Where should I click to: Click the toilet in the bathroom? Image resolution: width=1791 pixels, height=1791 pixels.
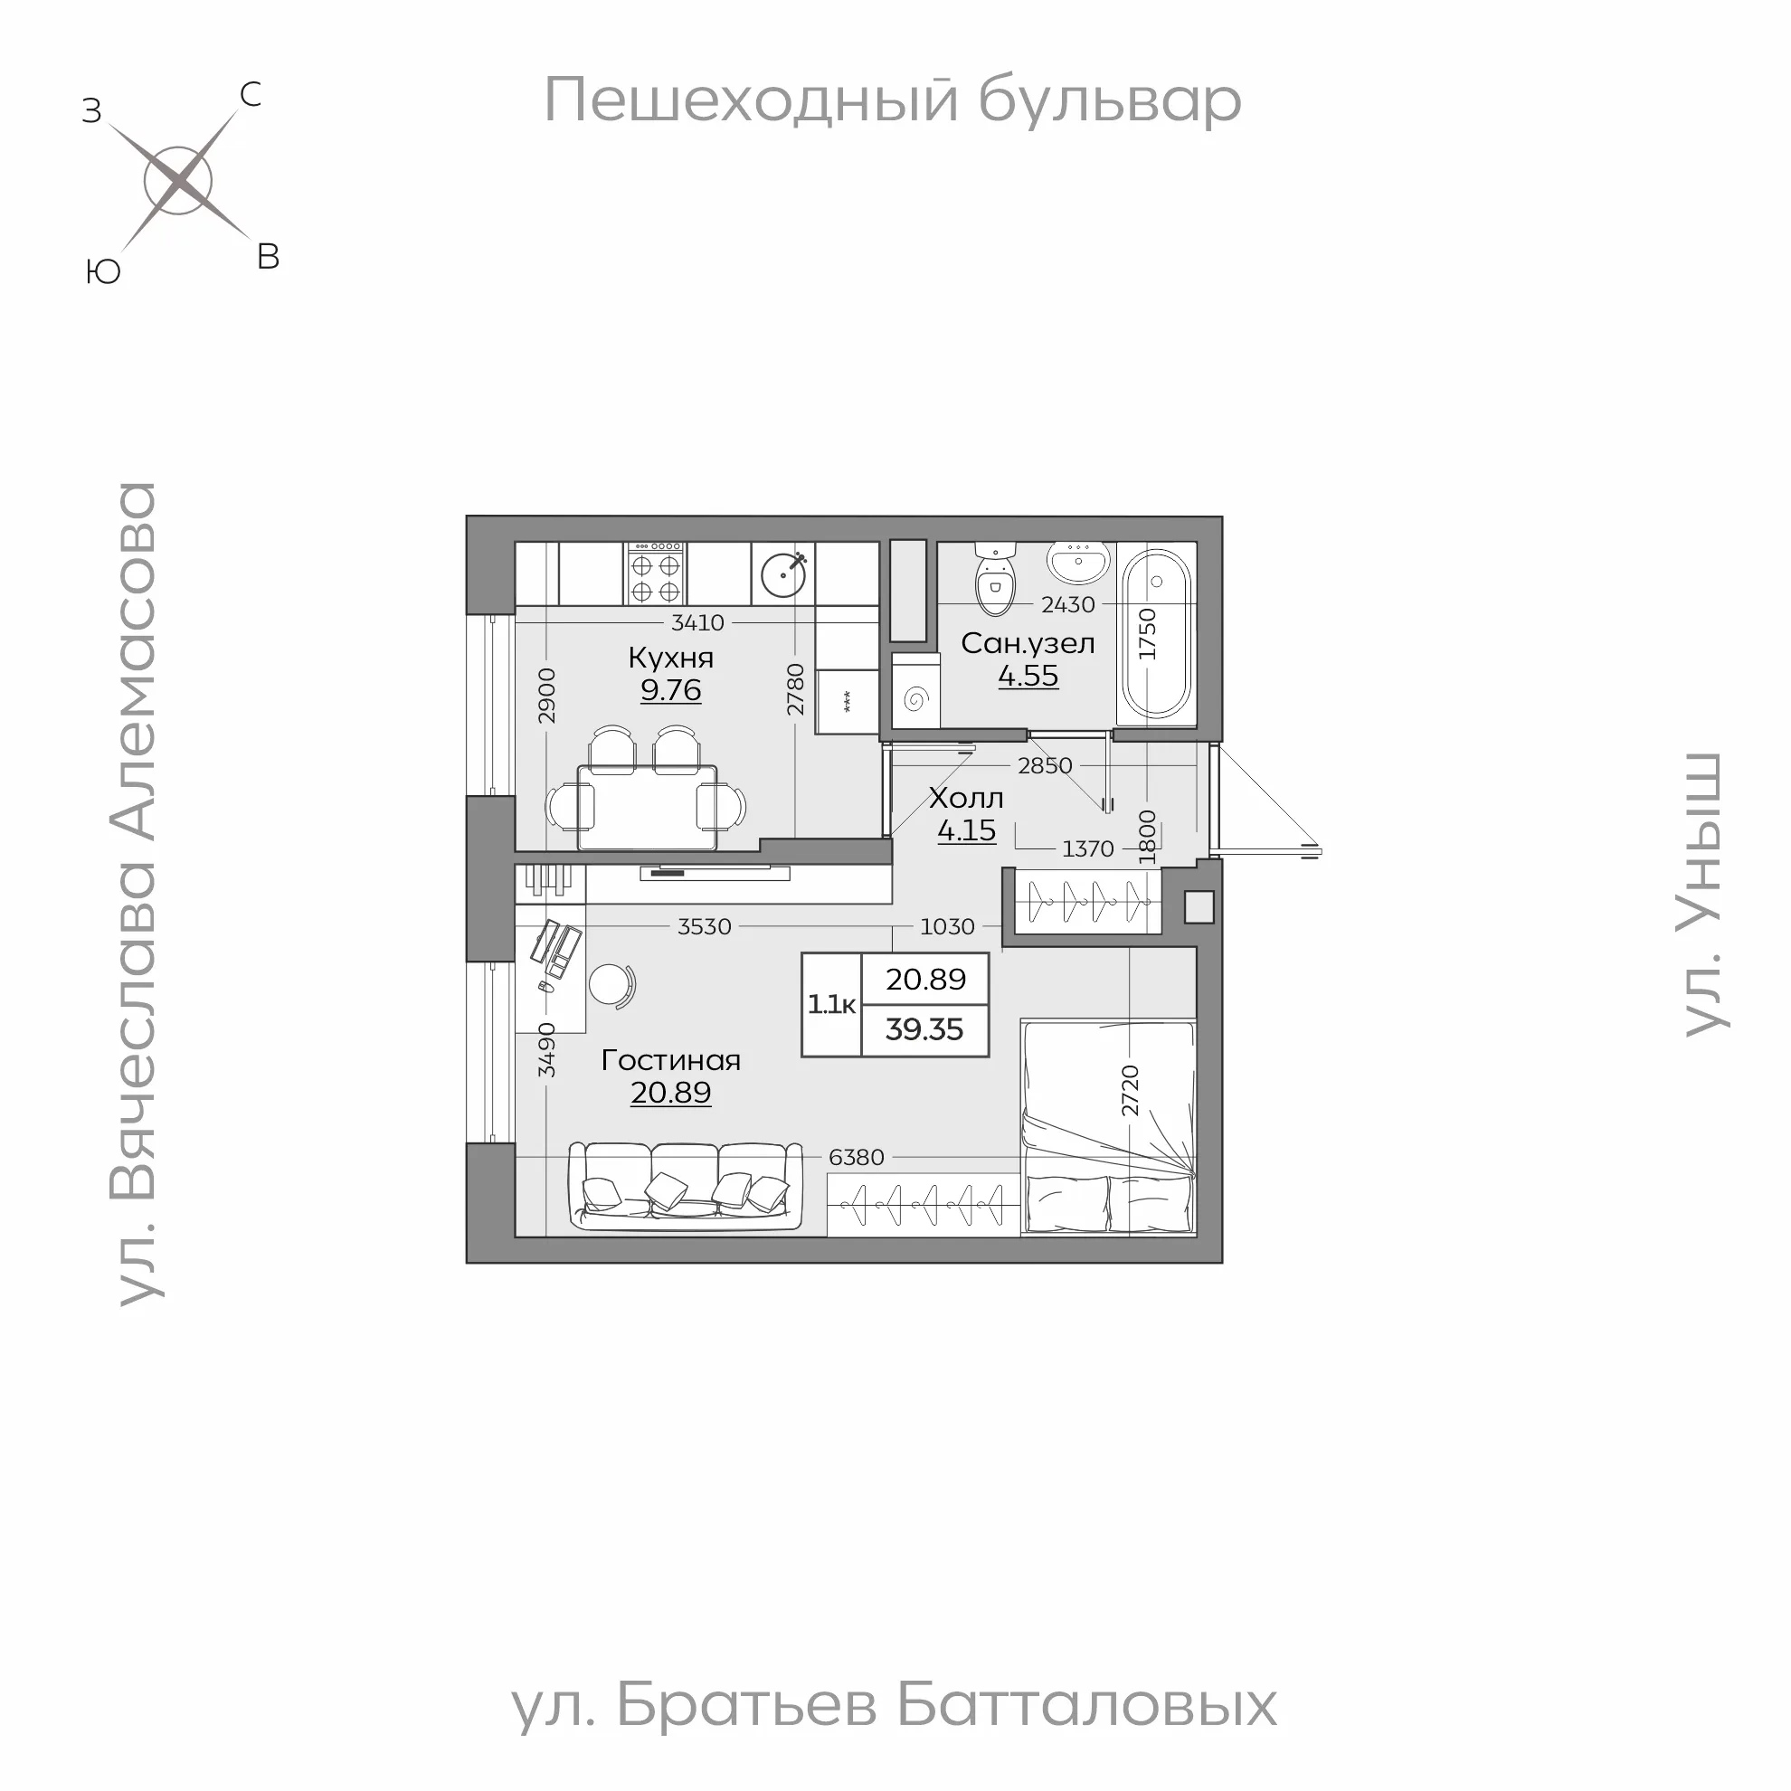[x=996, y=581]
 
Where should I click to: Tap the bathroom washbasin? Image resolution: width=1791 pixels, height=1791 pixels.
[x=1078, y=560]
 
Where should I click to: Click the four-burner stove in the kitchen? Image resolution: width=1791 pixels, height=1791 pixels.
[x=657, y=573]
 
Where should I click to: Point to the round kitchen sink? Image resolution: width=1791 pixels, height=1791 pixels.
[x=783, y=573]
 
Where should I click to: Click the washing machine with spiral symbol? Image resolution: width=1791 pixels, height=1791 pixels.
[x=916, y=698]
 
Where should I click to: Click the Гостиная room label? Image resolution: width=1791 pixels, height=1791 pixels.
[x=670, y=1059]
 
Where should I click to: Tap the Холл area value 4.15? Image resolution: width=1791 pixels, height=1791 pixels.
[x=966, y=829]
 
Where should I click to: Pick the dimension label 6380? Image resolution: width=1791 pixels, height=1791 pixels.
[x=856, y=1157]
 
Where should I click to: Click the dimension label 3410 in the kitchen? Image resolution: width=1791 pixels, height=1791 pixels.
[x=697, y=622]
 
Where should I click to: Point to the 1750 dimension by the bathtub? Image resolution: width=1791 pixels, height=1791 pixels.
[x=1148, y=633]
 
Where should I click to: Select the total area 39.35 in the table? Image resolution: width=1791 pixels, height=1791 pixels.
[x=924, y=1029]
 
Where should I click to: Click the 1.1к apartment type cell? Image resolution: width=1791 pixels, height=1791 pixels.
[x=831, y=1004]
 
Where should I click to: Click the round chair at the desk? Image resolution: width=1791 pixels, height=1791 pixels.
[x=611, y=983]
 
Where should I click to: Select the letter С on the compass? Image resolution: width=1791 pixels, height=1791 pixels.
[x=251, y=94]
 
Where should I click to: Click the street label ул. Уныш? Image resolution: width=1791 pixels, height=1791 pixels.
[x=1703, y=894]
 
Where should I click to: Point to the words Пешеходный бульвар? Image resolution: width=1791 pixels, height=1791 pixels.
[x=892, y=100]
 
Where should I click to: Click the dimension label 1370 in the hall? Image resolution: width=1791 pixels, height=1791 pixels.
[x=1087, y=848]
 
